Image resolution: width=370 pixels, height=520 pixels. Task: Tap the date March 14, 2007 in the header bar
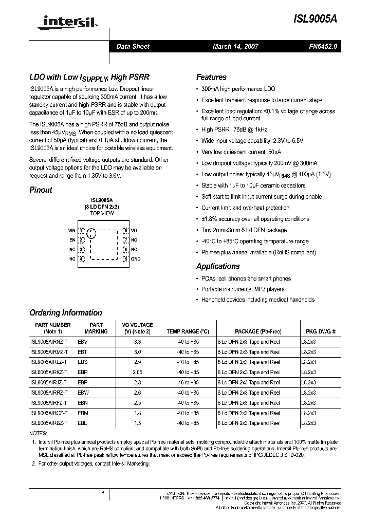(235, 46)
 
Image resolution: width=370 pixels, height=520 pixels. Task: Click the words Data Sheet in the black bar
(133, 46)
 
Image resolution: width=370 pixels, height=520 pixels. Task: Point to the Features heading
(211, 77)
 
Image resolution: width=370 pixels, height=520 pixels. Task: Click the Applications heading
(218, 266)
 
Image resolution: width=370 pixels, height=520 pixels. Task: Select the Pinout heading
(41, 190)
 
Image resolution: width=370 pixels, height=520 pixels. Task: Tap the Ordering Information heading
(65, 312)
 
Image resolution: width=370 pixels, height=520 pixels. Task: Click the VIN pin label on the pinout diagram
(72, 231)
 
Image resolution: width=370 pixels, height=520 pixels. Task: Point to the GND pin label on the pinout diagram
(136, 259)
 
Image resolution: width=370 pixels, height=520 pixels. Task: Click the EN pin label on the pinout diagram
(72, 240)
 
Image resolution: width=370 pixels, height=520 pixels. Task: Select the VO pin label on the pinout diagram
(134, 231)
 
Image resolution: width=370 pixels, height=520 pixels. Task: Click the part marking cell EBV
(82, 341)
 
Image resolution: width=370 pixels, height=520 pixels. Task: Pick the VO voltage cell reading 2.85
(137, 372)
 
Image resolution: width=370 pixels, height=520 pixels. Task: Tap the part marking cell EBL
(82, 423)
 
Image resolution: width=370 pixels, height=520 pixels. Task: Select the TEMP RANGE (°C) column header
(188, 331)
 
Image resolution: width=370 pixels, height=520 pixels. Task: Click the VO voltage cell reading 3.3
(137, 341)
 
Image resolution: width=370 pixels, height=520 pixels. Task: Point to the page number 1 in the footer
(103, 494)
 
